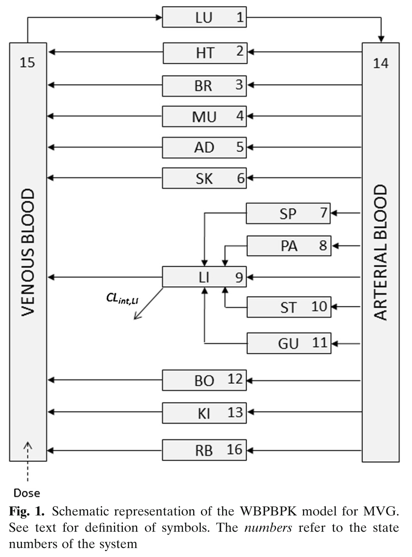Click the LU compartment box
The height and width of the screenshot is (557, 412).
pyautogui.click(x=204, y=17)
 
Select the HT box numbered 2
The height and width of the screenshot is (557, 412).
pyautogui.click(x=205, y=53)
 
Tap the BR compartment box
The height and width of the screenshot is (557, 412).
pyautogui.click(x=204, y=86)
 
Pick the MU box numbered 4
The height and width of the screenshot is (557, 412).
pyautogui.click(x=204, y=116)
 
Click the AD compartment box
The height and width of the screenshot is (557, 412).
pyautogui.click(x=204, y=147)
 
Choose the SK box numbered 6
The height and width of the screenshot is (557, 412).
pyautogui.click(x=204, y=178)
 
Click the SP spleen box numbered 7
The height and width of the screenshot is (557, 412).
pyautogui.click(x=288, y=213)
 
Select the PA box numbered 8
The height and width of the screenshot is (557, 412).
pyautogui.click(x=289, y=246)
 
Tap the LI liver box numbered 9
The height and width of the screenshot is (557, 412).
pyautogui.click(x=204, y=277)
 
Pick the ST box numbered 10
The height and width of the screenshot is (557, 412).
pyautogui.click(x=289, y=307)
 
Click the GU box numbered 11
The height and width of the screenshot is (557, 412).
pyautogui.click(x=289, y=343)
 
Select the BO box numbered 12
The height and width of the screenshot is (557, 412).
pyautogui.click(x=204, y=380)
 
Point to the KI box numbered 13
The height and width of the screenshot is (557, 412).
pyautogui.click(x=204, y=412)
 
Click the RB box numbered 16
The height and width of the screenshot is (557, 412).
pyautogui.click(x=204, y=450)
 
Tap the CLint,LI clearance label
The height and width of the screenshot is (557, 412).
pyautogui.click(x=122, y=299)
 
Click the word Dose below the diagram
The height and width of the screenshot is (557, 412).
pyautogui.click(x=27, y=493)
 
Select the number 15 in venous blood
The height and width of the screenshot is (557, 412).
pyautogui.click(x=27, y=62)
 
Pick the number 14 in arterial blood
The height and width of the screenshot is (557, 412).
pyautogui.click(x=381, y=63)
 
